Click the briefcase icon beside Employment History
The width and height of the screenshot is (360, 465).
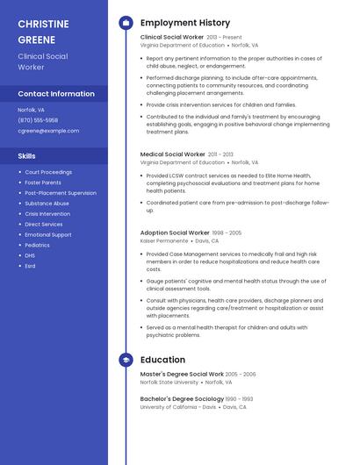126,23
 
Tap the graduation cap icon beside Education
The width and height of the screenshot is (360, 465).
126,360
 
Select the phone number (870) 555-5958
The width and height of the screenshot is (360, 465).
38,120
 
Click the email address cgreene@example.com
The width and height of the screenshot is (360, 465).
48,131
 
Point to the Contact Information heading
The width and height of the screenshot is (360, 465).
56,94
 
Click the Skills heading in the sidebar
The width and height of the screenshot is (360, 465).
27,156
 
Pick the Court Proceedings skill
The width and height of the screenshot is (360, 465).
48,172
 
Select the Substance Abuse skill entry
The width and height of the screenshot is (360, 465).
47,204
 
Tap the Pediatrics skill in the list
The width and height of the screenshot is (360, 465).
38,245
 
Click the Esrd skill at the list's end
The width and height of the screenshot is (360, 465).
30,266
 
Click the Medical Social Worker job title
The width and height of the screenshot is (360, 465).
173,154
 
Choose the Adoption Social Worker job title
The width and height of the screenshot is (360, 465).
175,232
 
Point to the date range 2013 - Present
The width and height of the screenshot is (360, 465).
224,38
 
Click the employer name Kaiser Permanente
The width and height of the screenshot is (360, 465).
164,240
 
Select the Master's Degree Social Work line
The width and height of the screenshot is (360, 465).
182,374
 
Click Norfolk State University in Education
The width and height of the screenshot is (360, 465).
169,383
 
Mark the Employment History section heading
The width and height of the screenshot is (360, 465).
185,23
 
